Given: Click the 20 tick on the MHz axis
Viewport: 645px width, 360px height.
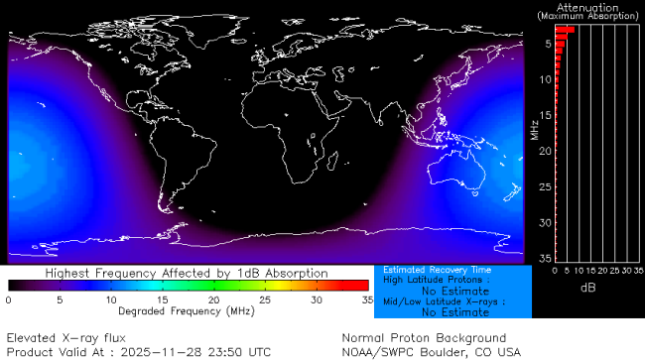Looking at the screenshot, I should [x=545, y=151].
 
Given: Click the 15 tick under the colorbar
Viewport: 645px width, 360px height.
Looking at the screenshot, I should [x=162, y=299].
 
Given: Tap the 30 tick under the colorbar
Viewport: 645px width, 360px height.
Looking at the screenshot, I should [x=316, y=299].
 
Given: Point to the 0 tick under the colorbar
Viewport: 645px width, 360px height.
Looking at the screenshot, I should [x=8, y=299].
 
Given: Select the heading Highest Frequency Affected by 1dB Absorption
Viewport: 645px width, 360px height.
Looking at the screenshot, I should [x=188, y=272].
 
